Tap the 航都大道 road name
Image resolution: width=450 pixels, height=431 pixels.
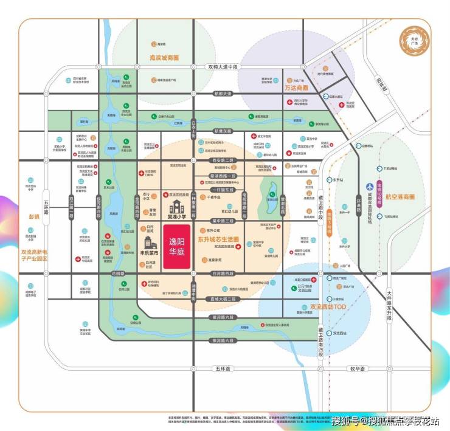tap(223, 94)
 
